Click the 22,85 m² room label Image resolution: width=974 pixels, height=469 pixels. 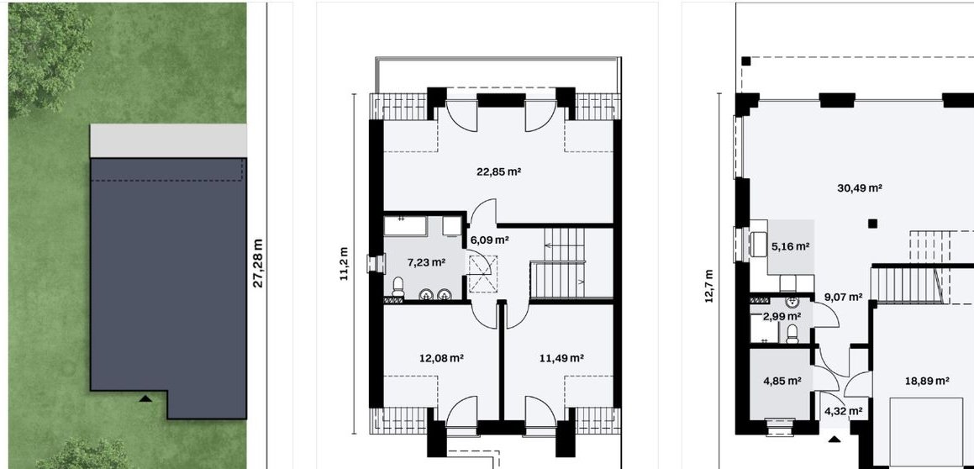tap(499, 171)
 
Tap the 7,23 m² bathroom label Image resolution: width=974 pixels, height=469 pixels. tap(426, 262)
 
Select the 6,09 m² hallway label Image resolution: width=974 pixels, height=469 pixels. tap(489, 240)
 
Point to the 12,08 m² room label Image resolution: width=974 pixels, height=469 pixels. tap(442, 358)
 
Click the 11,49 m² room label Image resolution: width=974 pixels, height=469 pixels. tap(561, 358)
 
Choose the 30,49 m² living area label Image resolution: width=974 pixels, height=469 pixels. tap(860, 187)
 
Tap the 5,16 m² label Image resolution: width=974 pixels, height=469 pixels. tap(790, 246)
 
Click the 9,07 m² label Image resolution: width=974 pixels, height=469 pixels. tap(843, 297)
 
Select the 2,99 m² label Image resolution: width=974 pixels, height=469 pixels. tap(782, 316)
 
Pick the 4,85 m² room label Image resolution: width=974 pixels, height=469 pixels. tap(782, 381)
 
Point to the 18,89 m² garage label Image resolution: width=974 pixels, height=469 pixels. tap(927, 381)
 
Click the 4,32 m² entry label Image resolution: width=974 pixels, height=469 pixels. tap(844, 411)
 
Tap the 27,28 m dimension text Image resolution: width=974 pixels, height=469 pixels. tap(258, 263)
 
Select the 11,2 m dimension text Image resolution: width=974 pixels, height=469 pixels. tap(344, 263)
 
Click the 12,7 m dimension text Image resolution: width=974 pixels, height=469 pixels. tap(708, 286)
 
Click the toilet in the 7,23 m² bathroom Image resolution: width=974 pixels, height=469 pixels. tap(398, 287)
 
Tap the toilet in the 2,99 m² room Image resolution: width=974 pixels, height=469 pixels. tap(792, 334)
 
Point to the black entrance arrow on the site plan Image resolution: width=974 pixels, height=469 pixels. tap(145, 398)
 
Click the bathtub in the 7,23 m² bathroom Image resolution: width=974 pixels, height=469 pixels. tap(404, 225)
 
